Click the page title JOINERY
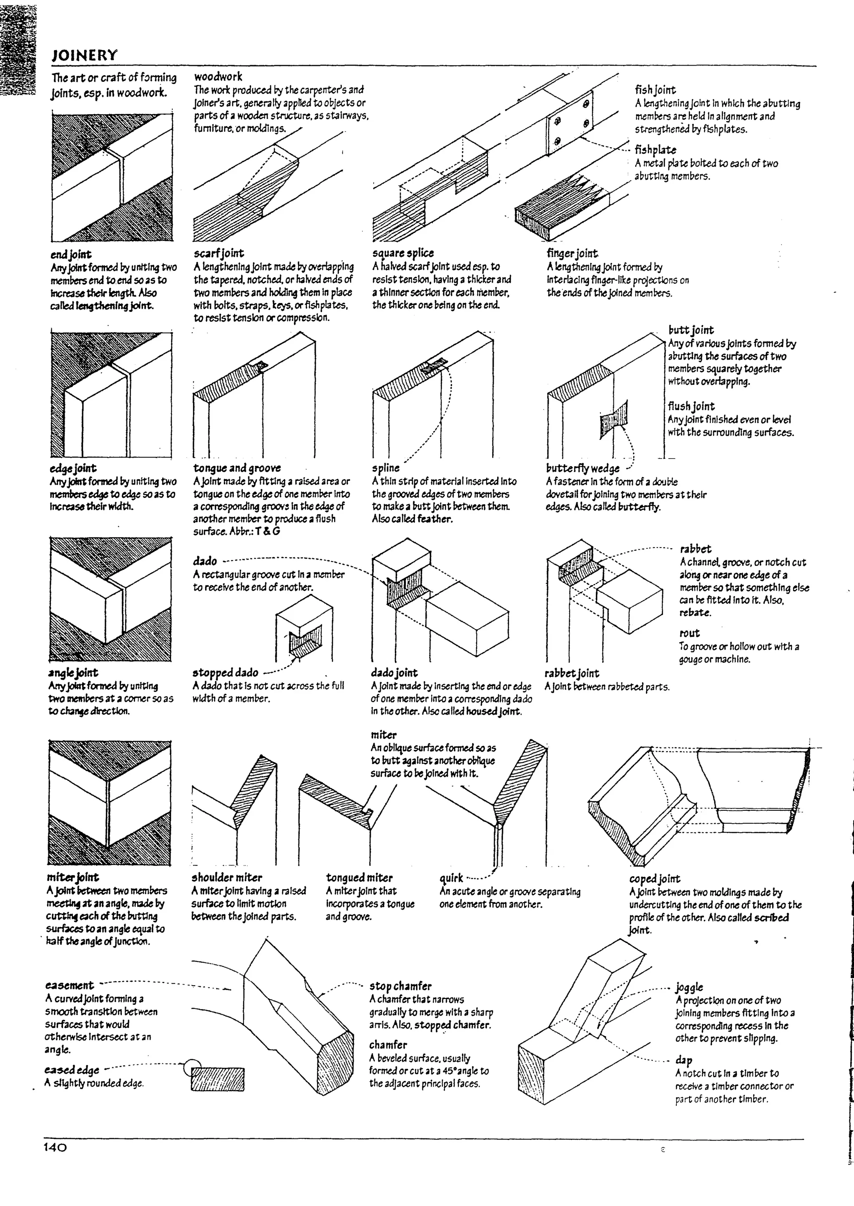(x=84, y=55)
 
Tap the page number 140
(x=55, y=1147)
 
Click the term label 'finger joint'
(x=572, y=254)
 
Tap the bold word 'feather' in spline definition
(x=435, y=519)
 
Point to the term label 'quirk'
(x=451, y=878)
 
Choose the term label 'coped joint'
(x=654, y=879)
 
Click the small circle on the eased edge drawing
(x=192, y=1068)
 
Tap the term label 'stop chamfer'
(x=400, y=986)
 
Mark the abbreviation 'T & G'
(x=268, y=532)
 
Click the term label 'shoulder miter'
(x=227, y=878)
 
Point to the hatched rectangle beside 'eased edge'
(x=218, y=1079)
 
